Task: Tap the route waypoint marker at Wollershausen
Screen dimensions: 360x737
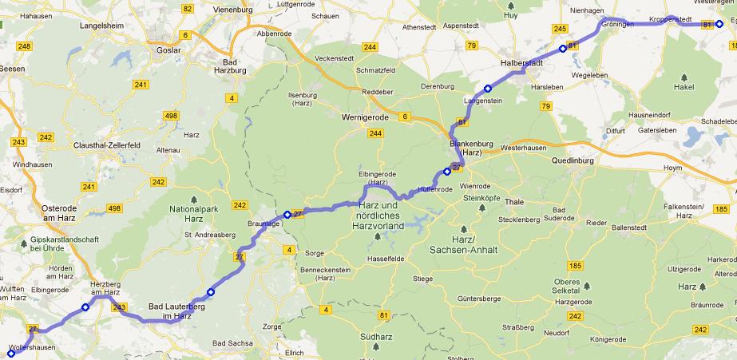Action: click(10, 352)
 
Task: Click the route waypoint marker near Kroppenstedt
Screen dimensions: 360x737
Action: click(719, 25)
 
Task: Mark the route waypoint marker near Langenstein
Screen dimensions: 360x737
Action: click(487, 88)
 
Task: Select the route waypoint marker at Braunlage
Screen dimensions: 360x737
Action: click(287, 214)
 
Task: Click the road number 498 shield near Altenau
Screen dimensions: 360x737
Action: click(171, 117)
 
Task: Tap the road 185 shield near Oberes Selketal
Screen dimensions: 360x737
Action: click(574, 264)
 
